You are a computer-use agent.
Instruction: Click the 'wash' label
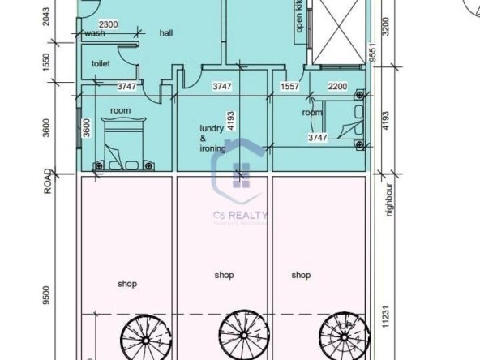pos(94,33)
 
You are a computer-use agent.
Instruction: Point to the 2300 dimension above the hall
pos(109,25)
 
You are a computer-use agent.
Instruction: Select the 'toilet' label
pos(101,62)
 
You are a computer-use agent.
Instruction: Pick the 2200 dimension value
pos(338,85)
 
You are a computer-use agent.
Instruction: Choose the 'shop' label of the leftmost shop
pos(126,284)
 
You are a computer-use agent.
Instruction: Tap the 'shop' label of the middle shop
pos(225,275)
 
